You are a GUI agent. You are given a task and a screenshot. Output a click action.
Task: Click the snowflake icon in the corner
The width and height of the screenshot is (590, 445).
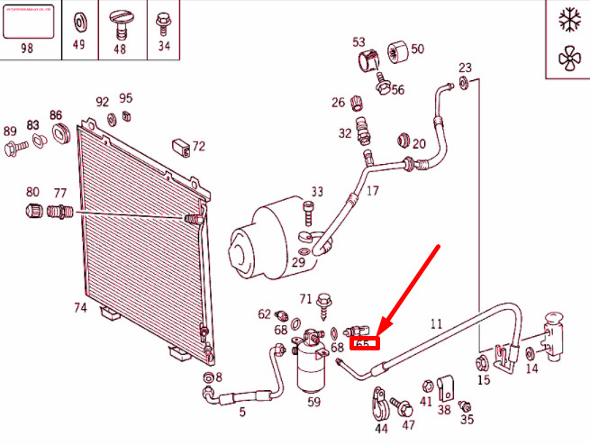coord(568,20)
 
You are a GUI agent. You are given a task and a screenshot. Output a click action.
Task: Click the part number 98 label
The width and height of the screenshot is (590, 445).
coord(27,47)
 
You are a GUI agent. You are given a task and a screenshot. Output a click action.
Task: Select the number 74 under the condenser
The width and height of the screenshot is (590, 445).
coord(80,308)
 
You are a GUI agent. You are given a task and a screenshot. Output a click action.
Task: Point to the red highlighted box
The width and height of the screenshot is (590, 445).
coord(366,341)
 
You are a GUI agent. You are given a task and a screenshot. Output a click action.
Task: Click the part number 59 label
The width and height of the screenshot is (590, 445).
coord(314,403)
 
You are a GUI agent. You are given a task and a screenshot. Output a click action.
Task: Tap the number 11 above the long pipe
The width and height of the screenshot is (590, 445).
coord(437,323)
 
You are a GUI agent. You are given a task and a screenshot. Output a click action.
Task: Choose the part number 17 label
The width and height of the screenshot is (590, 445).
coord(373,190)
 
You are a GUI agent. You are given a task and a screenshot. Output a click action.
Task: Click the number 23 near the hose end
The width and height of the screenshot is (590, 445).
coord(465,68)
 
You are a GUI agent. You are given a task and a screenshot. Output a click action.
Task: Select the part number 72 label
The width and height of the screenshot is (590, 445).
coord(198,146)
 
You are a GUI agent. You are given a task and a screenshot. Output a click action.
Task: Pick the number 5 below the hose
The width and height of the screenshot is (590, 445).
coord(241,412)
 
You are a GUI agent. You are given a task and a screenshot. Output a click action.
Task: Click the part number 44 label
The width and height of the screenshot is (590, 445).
coord(381,429)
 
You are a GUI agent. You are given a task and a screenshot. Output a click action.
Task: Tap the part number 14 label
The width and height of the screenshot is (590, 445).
coord(531,368)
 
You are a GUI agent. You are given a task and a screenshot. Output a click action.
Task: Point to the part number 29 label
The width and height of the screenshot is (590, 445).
coord(298,261)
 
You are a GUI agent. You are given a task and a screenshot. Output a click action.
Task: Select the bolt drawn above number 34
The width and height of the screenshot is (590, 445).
coord(163,19)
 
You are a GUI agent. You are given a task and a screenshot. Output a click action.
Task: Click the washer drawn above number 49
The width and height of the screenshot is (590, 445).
coord(78,19)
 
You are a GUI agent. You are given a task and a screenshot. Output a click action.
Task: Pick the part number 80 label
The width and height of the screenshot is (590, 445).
coord(32,192)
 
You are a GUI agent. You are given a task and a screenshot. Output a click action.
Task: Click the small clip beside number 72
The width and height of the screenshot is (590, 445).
coord(181,146)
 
